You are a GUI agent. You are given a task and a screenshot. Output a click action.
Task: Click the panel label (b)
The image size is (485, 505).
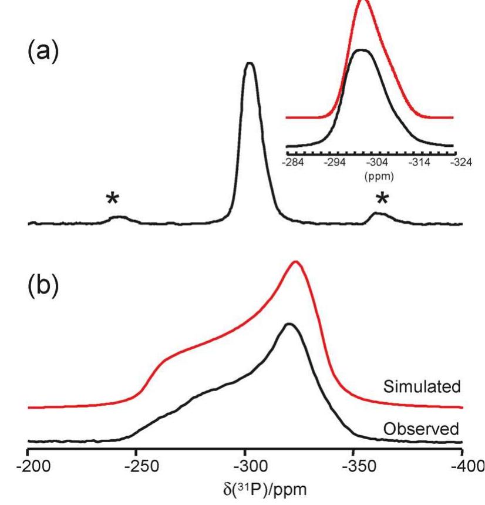[x=43, y=284]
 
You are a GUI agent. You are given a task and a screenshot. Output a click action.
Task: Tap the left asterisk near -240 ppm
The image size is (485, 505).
[x=113, y=200]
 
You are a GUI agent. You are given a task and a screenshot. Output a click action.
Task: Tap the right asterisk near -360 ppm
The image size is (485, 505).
[x=382, y=200]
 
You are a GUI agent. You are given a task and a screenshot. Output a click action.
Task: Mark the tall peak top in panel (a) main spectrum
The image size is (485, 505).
[x=250, y=63]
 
